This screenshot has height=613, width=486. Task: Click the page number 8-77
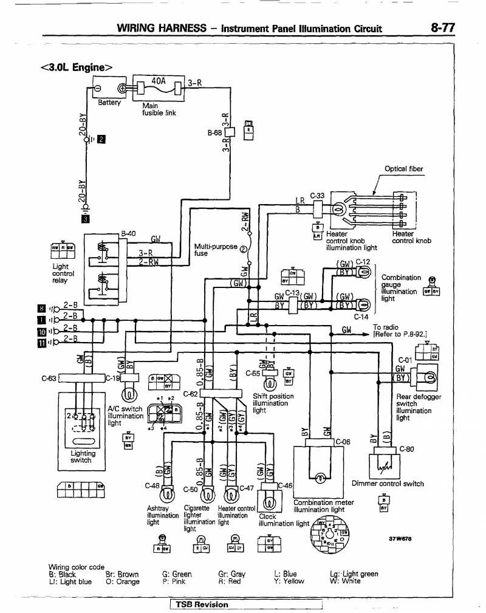tap(443, 27)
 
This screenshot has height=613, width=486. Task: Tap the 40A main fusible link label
tap(158, 80)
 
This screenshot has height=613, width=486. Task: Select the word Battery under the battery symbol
tap(109, 103)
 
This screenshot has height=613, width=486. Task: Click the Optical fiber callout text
tap(404, 169)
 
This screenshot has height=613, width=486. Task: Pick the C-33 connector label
tap(317, 196)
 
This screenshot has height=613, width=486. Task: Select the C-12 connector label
tap(363, 262)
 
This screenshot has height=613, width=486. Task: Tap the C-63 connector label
tap(49, 378)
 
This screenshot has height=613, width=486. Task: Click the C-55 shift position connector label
tap(253, 373)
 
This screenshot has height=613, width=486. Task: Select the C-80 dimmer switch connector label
tap(406, 450)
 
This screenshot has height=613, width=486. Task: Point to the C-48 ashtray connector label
tap(152, 486)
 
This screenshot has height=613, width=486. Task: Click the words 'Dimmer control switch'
tap(388, 484)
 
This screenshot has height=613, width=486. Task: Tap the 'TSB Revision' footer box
tap(202, 604)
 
